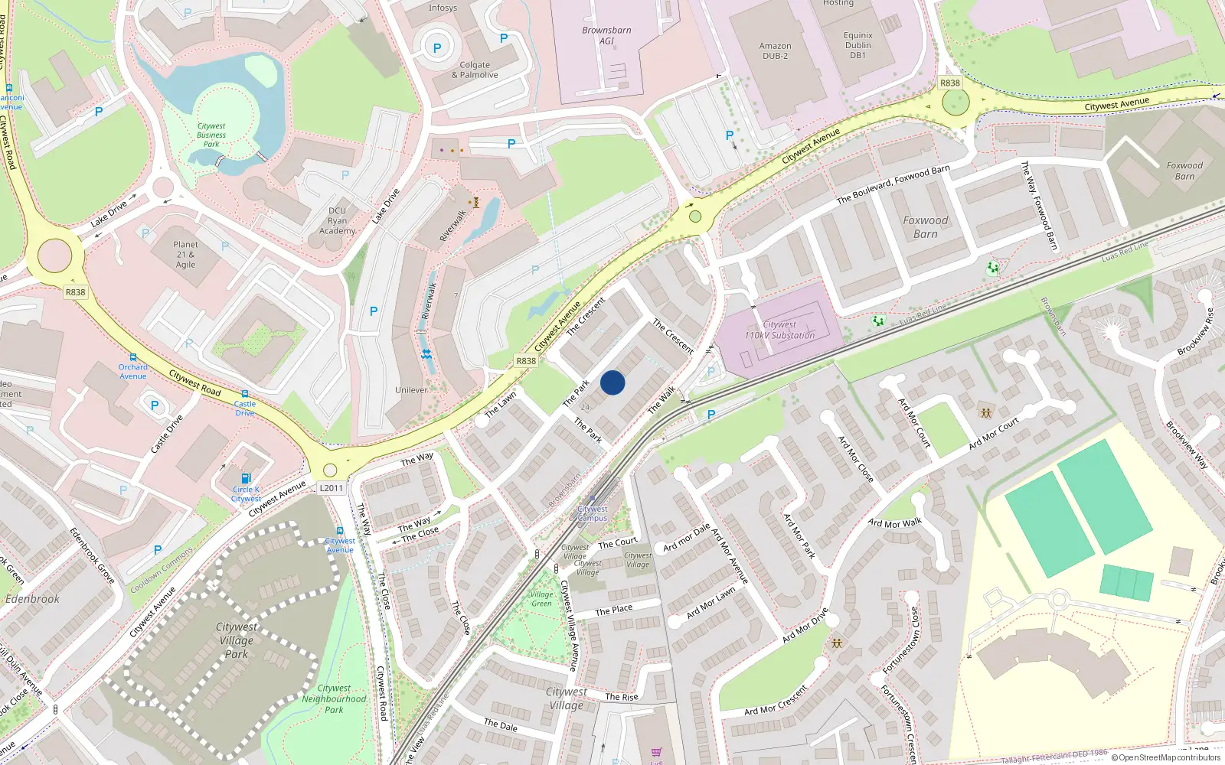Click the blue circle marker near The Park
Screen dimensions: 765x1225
click(x=612, y=382)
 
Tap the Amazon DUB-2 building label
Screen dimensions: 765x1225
click(x=775, y=50)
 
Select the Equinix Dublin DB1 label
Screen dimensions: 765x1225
click(x=857, y=45)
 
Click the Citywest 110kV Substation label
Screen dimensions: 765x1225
click(x=779, y=330)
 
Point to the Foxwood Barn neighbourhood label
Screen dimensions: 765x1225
click(x=925, y=226)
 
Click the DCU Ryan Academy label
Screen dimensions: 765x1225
click(x=337, y=220)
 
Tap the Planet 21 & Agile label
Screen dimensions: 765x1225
click(x=185, y=255)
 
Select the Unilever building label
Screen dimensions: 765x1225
click(x=411, y=389)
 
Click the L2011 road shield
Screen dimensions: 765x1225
click(x=332, y=488)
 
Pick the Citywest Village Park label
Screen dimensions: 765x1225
click(x=236, y=640)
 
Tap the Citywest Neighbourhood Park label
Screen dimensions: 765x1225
click(x=334, y=698)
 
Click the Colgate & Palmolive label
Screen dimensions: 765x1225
click(x=475, y=70)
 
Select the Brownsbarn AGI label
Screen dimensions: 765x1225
click(x=606, y=35)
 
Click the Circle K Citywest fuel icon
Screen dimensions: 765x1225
click(x=246, y=478)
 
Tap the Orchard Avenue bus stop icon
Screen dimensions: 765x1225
click(x=133, y=356)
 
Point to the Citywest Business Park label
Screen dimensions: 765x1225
click(x=211, y=135)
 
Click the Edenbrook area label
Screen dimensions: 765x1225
click(x=32, y=599)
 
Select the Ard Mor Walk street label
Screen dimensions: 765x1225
click(x=895, y=523)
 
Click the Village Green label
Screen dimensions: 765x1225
click(x=541, y=598)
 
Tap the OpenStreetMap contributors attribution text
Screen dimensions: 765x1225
click(x=1166, y=757)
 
